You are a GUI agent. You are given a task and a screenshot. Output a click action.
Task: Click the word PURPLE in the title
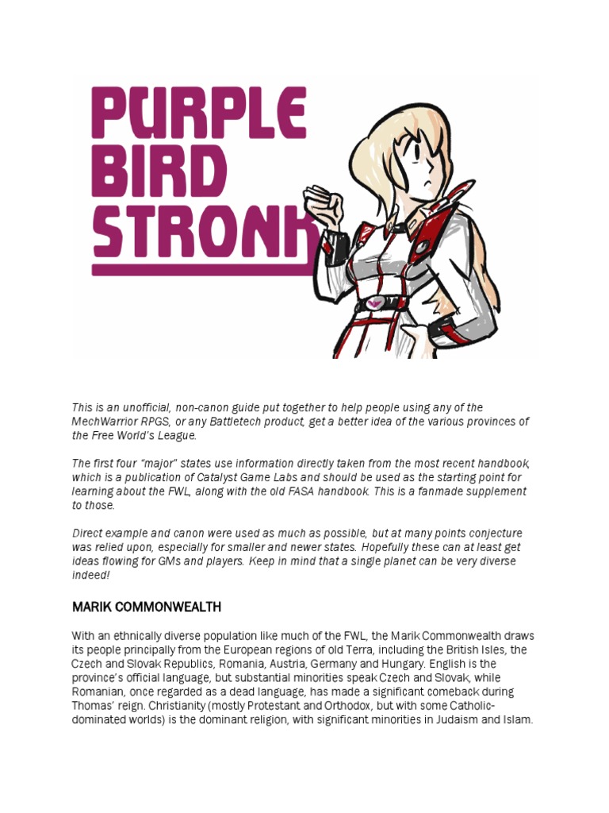[199, 116]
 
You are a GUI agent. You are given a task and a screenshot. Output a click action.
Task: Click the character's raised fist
[323, 206]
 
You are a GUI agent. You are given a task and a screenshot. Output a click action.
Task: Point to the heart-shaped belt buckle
[373, 302]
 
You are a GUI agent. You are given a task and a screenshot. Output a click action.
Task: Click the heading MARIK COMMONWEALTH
[147, 607]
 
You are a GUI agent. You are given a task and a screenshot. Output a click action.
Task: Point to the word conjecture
[493, 533]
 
